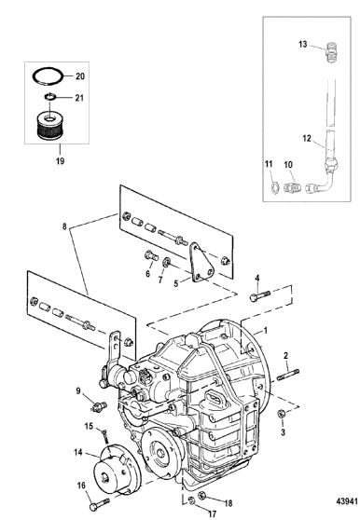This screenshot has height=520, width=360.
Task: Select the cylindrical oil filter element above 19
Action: (x=49, y=126)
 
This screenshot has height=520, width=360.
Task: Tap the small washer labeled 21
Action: (x=49, y=97)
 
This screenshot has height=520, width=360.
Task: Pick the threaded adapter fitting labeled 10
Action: (x=292, y=187)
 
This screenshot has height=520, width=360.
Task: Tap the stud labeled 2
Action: (x=287, y=375)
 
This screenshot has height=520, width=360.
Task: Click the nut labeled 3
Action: (x=282, y=413)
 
